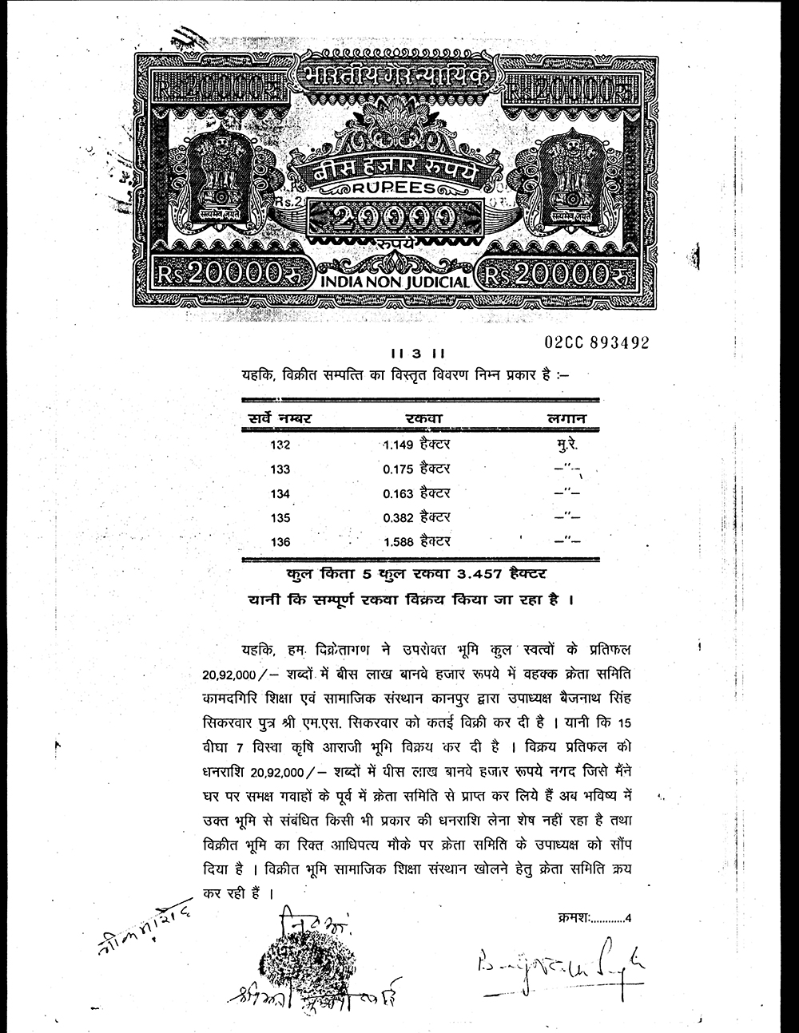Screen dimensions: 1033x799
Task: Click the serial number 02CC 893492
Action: (x=596, y=342)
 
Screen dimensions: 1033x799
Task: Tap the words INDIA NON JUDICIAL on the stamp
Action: (x=396, y=282)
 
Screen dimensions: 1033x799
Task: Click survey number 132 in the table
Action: (x=280, y=445)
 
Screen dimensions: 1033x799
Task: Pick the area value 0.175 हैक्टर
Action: (x=416, y=469)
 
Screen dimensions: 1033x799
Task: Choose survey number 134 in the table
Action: (x=280, y=493)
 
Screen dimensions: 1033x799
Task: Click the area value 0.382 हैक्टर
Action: (x=416, y=517)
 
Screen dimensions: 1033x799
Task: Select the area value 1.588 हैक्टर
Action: (x=416, y=542)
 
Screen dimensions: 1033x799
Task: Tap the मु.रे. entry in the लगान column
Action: (x=566, y=443)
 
